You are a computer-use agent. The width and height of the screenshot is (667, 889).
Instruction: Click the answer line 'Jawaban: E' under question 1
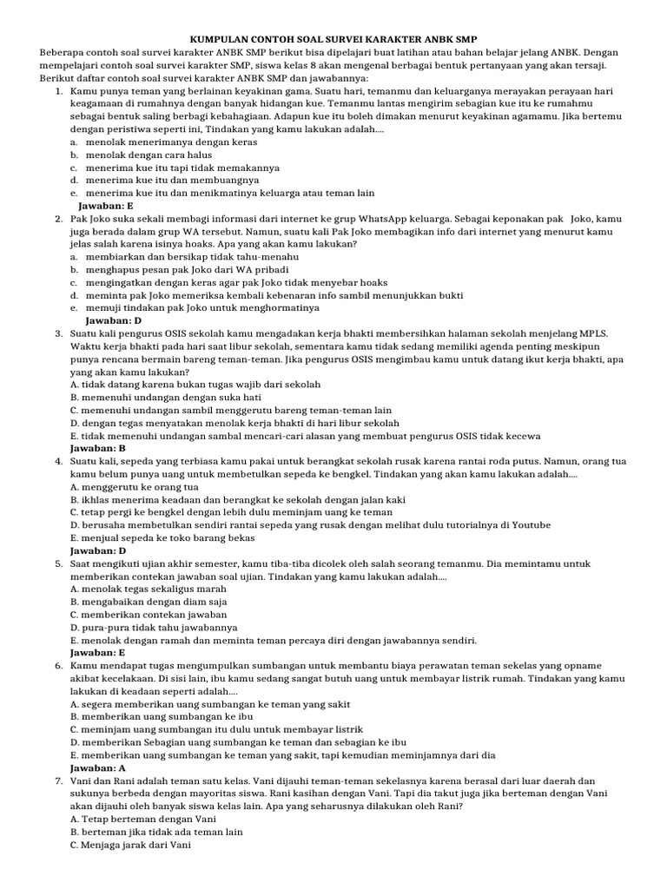106,206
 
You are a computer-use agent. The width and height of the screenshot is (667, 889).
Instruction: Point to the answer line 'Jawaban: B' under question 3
98,448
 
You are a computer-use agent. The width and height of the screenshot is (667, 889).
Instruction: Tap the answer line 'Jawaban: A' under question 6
98,768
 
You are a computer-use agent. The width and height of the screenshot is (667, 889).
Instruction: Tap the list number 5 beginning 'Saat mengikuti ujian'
57,564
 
